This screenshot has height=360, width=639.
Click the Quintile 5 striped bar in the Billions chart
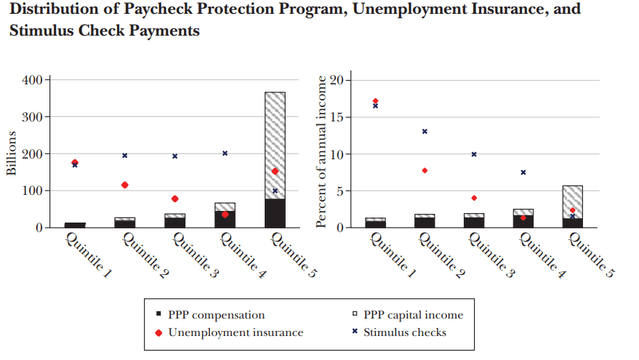click(x=275, y=138)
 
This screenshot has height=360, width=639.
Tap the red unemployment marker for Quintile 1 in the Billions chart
click(x=75, y=163)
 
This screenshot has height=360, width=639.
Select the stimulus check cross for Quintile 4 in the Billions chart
click(x=225, y=153)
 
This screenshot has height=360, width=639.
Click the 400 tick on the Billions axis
click(x=34, y=80)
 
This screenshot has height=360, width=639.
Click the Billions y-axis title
click(x=12, y=153)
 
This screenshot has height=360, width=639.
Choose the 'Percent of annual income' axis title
click(x=321, y=153)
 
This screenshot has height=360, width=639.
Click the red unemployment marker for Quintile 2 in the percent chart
click(x=425, y=170)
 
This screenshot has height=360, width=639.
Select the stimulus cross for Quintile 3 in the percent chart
click(x=474, y=154)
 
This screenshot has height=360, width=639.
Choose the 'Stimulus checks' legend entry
click(x=404, y=332)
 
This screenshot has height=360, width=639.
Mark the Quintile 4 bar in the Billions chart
click(x=225, y=215)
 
